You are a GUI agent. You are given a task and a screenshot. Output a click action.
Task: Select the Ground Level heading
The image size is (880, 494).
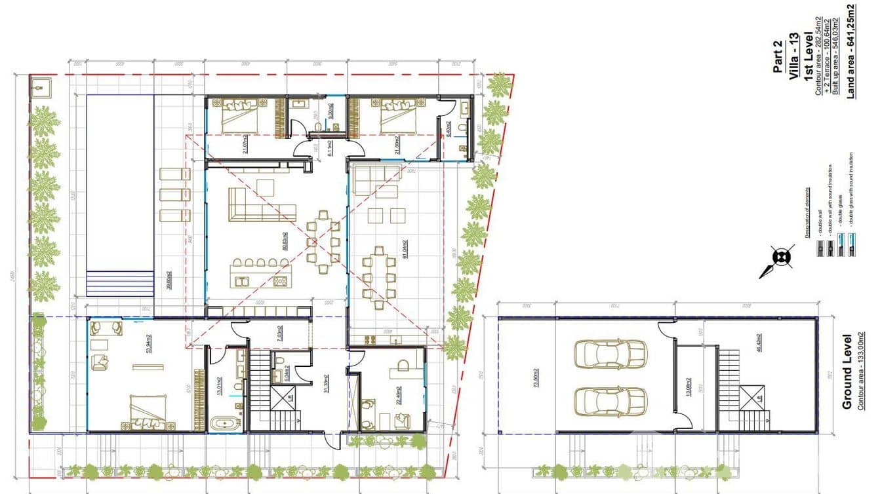pyautogui.click(x=847, y=371)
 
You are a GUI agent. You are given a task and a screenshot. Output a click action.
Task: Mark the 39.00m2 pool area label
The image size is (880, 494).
pyautogui.click(x=169, y=280)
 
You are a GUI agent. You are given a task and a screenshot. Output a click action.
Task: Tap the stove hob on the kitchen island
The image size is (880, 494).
pyautogui.click(x=279, y=281)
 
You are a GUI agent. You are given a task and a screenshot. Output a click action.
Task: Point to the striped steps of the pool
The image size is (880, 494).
pyautogui.click(x=119, y=283)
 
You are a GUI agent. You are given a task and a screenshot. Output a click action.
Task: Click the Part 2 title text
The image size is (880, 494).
pyautogui.click(x=778, y=60)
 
